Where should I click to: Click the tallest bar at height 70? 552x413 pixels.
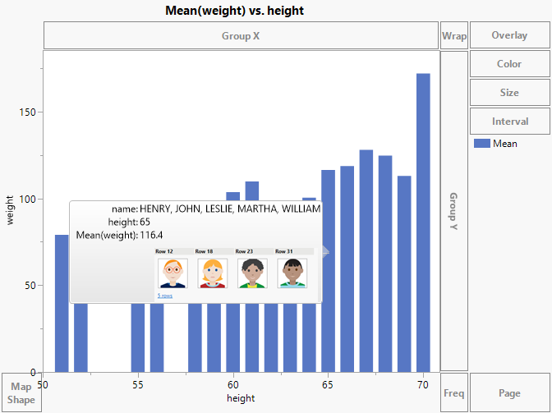[x=423, y=222]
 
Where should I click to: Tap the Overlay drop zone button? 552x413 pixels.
[x=509, y=35]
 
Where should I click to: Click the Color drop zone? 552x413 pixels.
[x=509, y=64]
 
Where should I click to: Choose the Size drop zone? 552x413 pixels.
[x=509, y=93]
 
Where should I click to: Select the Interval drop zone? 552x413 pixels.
[x=509, y=122]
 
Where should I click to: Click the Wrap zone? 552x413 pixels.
[x=454, y=35]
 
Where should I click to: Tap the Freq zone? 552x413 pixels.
[x=454, y=393]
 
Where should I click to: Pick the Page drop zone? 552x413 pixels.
[x=509, y=393]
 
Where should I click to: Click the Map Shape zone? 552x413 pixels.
[x=21, y=393]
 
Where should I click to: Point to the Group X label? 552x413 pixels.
[x=241, y=36]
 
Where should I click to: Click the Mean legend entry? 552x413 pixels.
[x=504, y=144]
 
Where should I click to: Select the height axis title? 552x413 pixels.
[x=241, y=398]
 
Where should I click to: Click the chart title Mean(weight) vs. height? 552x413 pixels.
[x=235, y=11]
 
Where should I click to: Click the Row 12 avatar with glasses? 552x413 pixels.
[x=172, y=273]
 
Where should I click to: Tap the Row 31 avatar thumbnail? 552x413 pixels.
[x=292, y=273]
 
